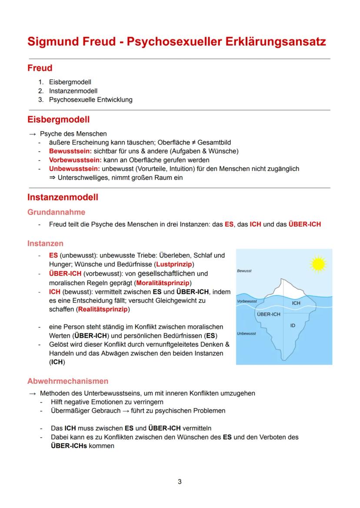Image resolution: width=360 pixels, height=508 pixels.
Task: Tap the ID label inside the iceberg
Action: point(293,325)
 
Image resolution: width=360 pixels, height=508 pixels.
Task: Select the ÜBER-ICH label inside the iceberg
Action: point(268,314)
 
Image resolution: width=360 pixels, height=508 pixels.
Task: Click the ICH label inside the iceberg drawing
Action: point(296,303)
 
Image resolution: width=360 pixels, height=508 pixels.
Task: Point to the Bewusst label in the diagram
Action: point(244,271)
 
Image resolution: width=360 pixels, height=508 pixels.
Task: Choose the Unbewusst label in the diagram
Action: point(247,334)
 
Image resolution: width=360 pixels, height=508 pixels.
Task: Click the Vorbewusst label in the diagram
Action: point(247,301)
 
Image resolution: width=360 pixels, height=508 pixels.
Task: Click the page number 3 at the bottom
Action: point(180,481)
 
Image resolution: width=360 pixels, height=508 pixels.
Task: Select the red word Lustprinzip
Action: point(174,264)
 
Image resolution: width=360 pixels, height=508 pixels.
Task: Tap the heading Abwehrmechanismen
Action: point(68,381)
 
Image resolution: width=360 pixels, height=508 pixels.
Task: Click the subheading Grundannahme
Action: point(57,212)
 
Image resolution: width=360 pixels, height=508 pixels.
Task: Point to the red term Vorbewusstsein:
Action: point(75,159)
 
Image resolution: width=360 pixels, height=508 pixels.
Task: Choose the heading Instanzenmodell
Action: point(63,197)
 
